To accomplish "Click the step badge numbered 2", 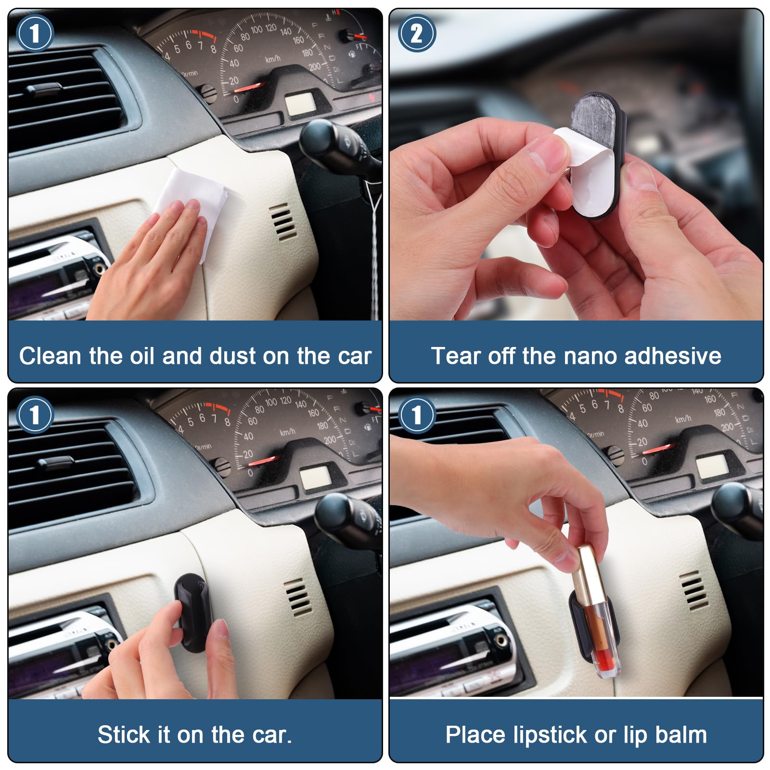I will [417, 33].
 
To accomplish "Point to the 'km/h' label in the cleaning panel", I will [272, 59].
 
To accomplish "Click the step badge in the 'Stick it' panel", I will [35, 415].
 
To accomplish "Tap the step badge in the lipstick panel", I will [417, 415].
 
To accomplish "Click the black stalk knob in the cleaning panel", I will [321, 140].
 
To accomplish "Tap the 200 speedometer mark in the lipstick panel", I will [727, 426].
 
